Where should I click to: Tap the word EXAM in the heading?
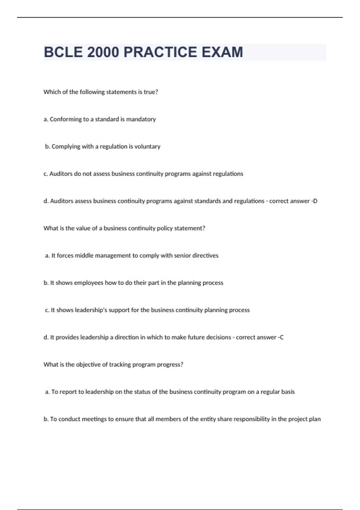pos(222,52)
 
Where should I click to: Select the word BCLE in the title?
pos(63,52)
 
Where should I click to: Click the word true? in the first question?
pos(151,92)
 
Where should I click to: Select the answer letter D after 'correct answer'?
pos(315,201)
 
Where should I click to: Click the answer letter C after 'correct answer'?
pos(281,337)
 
